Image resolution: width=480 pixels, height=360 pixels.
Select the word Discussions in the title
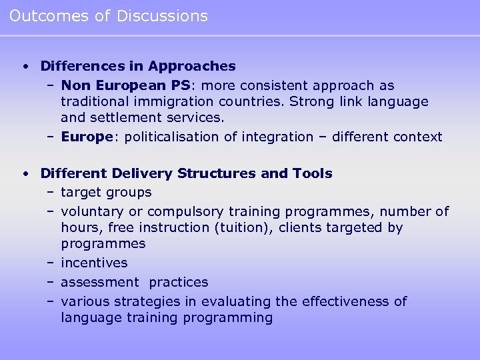162,16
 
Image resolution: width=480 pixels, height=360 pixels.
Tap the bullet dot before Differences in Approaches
25,66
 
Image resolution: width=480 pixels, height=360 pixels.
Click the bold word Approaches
192,66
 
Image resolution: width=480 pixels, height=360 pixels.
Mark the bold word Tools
312,173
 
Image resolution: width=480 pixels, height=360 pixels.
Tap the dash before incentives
51,263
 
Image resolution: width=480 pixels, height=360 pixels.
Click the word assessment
100,282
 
